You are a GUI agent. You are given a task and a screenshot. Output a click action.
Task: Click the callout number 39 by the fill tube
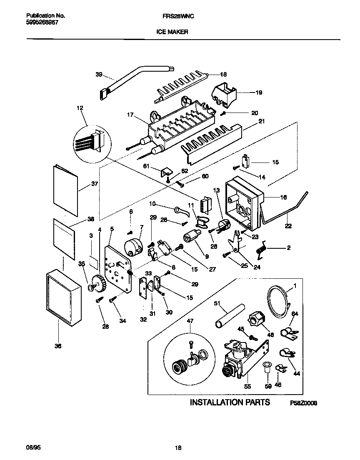click(99, 75)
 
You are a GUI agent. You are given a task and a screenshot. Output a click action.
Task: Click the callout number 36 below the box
click(58, 345)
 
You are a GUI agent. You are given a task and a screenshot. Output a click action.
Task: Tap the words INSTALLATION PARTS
click(230, 402)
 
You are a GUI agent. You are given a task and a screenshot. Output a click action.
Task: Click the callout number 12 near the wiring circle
click(80, 108)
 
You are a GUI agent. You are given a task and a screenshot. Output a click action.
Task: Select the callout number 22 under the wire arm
click(288, 226)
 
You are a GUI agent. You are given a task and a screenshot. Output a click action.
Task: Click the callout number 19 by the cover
click(258, 93)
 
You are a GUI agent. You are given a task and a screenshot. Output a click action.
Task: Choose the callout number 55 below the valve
click(248, 386)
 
